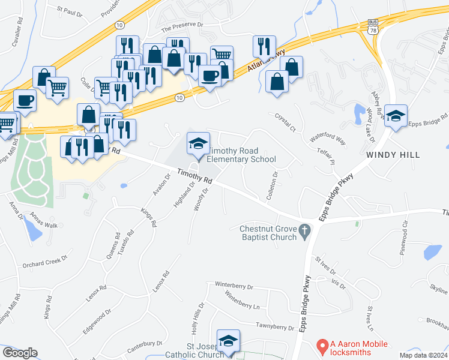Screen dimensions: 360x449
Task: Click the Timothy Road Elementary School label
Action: click(x=241, y=155)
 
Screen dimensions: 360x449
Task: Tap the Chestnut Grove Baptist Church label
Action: click(x=268, y=233)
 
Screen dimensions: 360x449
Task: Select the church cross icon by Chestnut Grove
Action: click(x=304, y=229)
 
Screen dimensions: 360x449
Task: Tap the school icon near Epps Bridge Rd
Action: click(x=396, y=116)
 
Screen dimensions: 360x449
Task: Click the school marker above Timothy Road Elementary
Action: click(x=199, y=143)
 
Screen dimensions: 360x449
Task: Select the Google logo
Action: click(x=20, y=353)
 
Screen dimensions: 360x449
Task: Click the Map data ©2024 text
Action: click(x=424, y=355)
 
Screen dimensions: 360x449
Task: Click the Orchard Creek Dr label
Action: click(x=42, y=263)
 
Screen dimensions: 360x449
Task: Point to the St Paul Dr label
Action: click(x=70, y=11)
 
